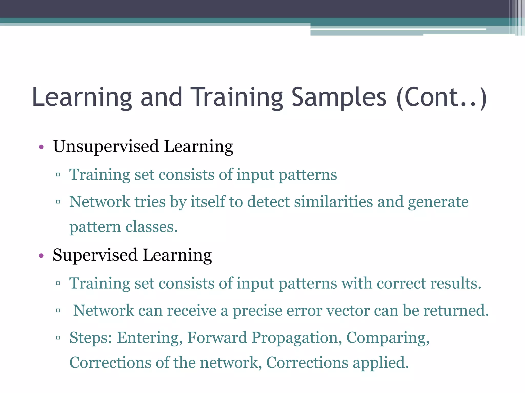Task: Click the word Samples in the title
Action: point(339,97)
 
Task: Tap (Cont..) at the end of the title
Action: point(441,97)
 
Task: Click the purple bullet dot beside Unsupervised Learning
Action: point(41,147)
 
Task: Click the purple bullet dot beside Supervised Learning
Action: point(41,256)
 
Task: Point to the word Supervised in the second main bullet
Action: point(95,255)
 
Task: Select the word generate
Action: point(438,202)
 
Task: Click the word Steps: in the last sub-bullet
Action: point(91,338)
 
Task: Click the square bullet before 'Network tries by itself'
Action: point(58,202)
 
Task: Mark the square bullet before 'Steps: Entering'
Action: point(58,338)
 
